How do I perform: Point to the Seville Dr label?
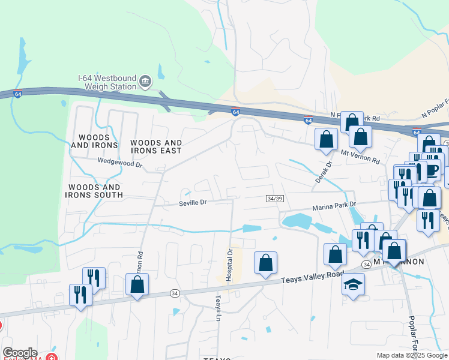pos(192,203)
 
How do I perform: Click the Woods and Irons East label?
pos(156,146)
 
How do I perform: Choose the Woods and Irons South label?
pos(95,191)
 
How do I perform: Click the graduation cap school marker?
pos(353,284)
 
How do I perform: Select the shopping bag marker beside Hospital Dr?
pos(265,263)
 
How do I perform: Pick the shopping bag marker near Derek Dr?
pos(326,139)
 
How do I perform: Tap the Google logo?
pos(20,353)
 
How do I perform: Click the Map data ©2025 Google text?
pos(412,355)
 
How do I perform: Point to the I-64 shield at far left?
pos(18,94)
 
